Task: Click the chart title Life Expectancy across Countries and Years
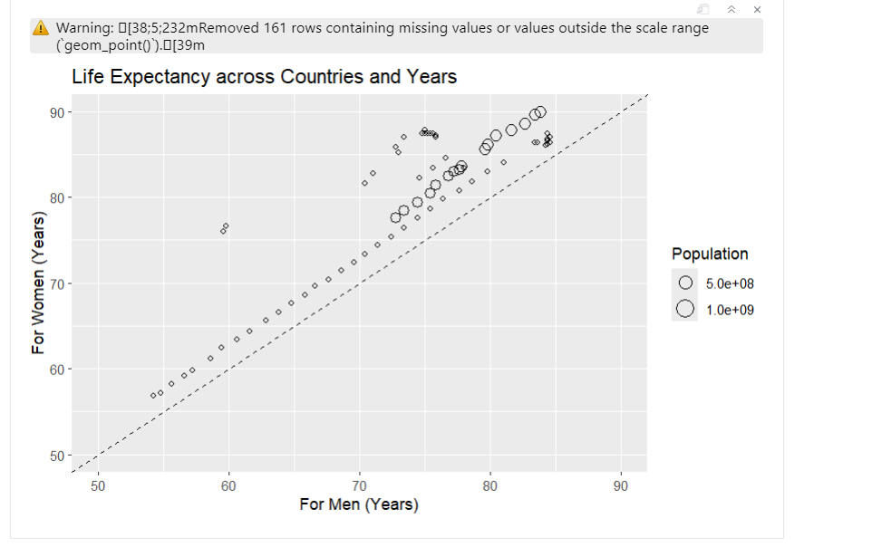pyautogui.click(x=264, y=77)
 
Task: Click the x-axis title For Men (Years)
pyautogui.click(x=359, y=504)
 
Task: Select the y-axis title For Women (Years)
pyautogui.click(x=38, y=283)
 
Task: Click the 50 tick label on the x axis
pyautogui.click(x=98, y=486)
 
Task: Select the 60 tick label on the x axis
pyautogui.click(x=228, y=486)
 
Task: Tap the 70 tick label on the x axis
pyautogui.click(x=360, y=486)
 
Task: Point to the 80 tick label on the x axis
pyautogui.click(x=490, y=486)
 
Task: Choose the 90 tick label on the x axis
pyautogui.click(x=621, y=486)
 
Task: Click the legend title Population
pyautogui.click(x=710, y=254)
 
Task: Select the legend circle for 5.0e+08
pyautogui.click(x=686, y=283)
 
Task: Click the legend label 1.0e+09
pyautogui.click(x=730, y=310)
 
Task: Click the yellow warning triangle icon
pyautogui.click(x=41, y=28)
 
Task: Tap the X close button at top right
pyautogui.click(x=757, y=9)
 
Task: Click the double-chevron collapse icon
pyautogui.click(x=731, y=9)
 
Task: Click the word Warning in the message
pyautogui.click(x=86, y=28)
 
